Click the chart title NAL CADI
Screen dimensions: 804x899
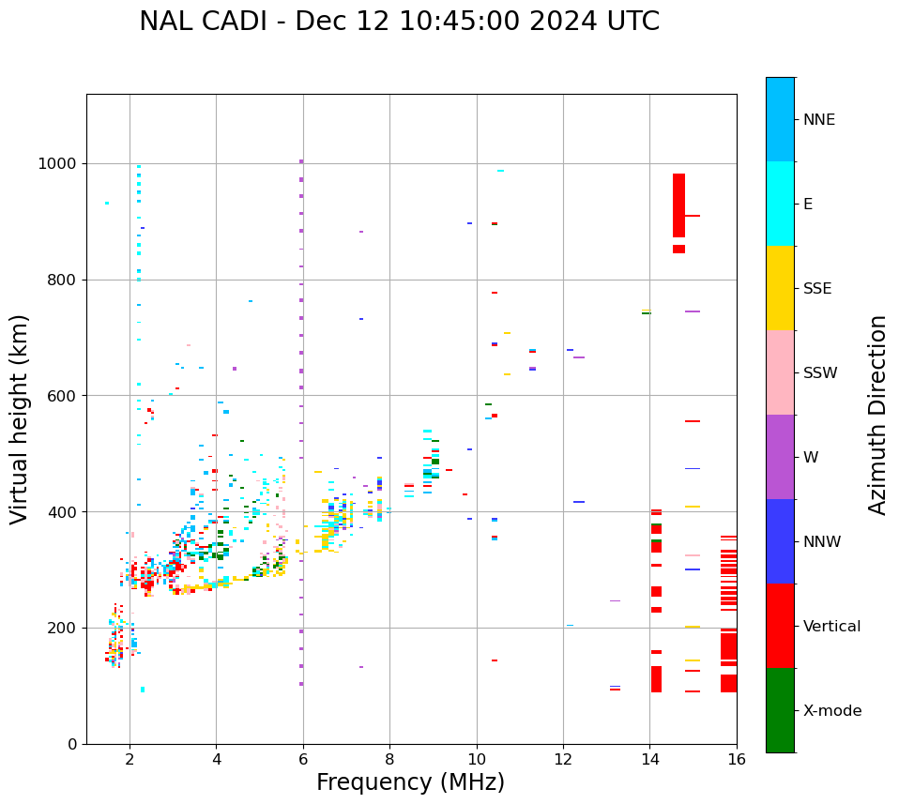(x=399, y=22)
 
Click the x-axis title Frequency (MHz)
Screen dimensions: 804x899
(x=410, y=782)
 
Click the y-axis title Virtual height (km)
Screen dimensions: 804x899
(x=20, y=418)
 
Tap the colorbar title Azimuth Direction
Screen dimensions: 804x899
(x=877, y=415)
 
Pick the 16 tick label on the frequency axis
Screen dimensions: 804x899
(x=736, y=759)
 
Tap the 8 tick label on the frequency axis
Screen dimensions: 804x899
(x=389, y=759)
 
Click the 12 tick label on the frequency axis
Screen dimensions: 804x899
(x=563, y=759)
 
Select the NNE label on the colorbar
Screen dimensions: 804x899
(x=818, y=120)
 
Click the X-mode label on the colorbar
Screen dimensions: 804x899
(x=832, y=711)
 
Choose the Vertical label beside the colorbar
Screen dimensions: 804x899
(x=831, y=627)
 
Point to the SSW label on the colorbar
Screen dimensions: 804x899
(x=820, y=373)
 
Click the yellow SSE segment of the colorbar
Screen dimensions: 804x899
(x=780, y=288)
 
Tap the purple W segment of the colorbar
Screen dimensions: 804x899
(x=780, y=457)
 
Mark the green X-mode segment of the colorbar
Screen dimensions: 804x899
(x=780, y=710)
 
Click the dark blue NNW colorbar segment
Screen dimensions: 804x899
(x=780, y=541)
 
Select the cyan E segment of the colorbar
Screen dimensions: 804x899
(x=780, y=204)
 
